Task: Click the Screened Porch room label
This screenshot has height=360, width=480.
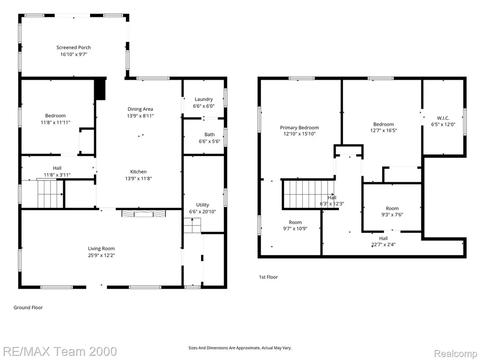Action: (x=74, y=47)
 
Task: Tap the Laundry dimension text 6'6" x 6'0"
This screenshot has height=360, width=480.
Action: (x=203, y=106)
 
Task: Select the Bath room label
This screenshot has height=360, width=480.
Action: (x=210, y=135)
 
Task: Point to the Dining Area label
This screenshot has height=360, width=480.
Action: (x=140, y=109)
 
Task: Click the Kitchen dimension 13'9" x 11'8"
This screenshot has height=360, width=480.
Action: (x=138, y=179)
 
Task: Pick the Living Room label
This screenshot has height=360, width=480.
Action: (x=101, y=248)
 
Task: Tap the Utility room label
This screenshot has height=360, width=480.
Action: (x=202, y=205)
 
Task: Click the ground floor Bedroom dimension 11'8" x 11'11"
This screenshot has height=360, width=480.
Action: (x=55, y=122)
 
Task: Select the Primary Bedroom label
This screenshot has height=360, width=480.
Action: (x=300, y=127)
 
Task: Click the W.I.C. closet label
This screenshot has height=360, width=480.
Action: (x=443, y=118)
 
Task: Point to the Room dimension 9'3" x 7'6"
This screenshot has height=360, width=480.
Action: (x=392, y=215)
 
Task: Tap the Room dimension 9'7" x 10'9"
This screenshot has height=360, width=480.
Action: (x=295, y=228)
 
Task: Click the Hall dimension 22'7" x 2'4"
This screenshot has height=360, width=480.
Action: (x=383, y=245)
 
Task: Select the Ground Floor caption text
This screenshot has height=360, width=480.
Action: (x=28, y=307)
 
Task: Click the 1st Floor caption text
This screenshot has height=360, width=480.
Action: (x=269, y=277)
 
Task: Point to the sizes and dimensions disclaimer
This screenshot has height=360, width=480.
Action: (x=240, y=348)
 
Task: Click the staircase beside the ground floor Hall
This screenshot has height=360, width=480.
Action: (x=50, y=194)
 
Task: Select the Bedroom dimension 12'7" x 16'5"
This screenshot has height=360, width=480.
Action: (x=383, y=130)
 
